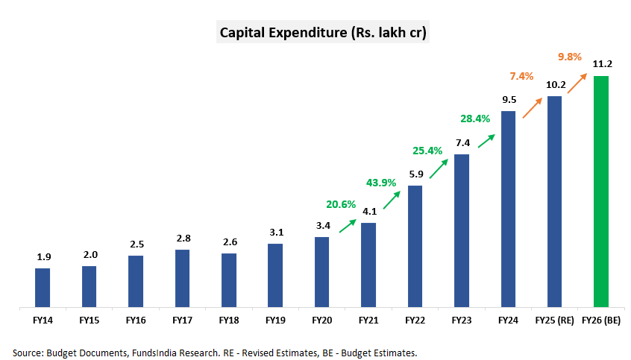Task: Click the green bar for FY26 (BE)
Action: tap(601, 191)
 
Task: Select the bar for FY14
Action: tap(43, 287)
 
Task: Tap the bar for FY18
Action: tap(229, 280)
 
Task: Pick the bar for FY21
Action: tap(368, 265)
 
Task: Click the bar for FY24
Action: tap(508, 209)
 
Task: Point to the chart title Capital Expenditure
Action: tap(322, 33)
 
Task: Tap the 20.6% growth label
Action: tap(341, 203)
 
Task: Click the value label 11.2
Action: tap(601, 65)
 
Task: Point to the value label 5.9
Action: tap(415, 174)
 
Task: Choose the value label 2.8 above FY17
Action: tap(183, 239)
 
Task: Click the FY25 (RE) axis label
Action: tap(554, 320)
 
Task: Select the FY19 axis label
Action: tap(275, 320)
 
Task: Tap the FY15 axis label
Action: tap(89, 320)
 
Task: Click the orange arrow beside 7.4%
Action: tap(531, 108)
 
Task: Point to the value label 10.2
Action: tap(554, 85)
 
